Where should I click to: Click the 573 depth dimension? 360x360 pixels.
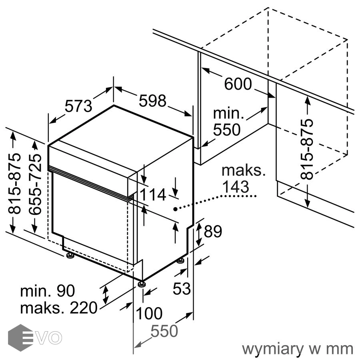79,106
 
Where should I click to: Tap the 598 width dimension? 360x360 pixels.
152,101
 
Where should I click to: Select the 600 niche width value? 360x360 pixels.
238,84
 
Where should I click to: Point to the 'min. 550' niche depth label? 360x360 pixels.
228,121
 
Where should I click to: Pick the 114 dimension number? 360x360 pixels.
152,195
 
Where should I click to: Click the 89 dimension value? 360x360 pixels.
213,232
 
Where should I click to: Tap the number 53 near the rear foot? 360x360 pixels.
182,288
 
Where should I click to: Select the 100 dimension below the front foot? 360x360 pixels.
149,313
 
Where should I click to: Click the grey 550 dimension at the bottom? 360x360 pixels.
164,331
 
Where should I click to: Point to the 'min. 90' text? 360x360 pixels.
48,291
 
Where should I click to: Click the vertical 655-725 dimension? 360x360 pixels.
36,184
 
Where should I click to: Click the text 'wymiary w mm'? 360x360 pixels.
298,349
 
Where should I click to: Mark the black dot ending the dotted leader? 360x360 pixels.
175,209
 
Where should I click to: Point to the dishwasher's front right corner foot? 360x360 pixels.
141,284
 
